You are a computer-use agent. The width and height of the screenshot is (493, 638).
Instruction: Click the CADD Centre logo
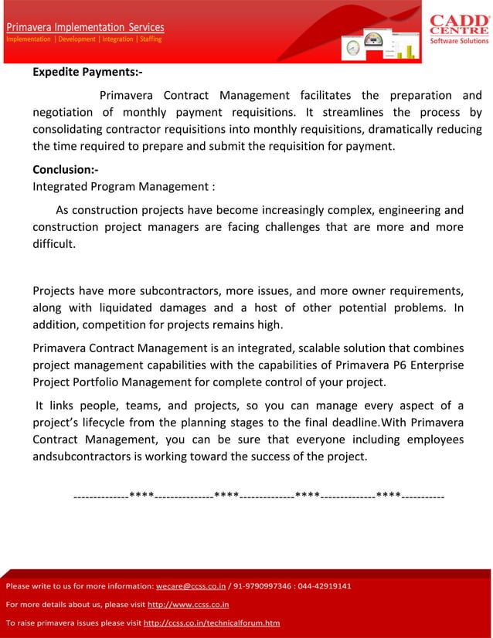point(459,28)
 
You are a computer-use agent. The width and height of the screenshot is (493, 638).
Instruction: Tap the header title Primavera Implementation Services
point(85,27)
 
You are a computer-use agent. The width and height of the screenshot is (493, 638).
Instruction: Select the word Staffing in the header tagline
point(151,39)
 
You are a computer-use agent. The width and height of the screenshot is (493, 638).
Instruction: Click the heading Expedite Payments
point(87,73)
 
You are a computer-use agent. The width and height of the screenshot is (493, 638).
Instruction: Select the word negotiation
point(66,113)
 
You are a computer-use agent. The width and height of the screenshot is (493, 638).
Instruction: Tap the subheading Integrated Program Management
point(124,186)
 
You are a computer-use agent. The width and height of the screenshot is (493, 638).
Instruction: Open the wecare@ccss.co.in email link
point(191,586)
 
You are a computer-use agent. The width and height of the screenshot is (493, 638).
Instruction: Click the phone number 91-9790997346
point(263,586)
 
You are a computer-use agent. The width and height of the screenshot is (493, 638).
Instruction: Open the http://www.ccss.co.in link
point(188,604)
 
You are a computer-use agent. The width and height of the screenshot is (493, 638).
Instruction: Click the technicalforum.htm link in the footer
point(212,623)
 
